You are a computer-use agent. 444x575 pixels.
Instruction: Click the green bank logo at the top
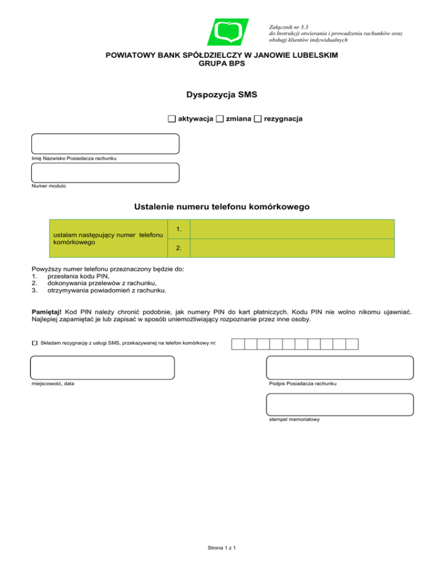point(228,32)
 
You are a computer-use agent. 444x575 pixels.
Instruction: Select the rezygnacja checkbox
point(258,119)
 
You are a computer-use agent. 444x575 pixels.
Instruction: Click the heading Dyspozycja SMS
point(221,94)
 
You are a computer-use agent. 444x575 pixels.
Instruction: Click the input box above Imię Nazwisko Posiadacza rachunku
point(105,143)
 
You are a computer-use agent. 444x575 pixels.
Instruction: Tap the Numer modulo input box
point(105,172)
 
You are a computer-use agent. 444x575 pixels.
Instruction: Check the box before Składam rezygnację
point(34,344)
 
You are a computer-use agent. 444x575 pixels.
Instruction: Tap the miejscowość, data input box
point(102,367)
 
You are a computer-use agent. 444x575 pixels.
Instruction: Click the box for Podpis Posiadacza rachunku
point(340,367)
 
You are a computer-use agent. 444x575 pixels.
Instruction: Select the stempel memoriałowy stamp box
point(340,404)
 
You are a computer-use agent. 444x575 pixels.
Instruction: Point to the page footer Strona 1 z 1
point(222,547)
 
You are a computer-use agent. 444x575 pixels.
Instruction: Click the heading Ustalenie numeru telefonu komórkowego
point(222,206)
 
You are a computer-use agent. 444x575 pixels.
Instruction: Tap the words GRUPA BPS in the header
point(221,63)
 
